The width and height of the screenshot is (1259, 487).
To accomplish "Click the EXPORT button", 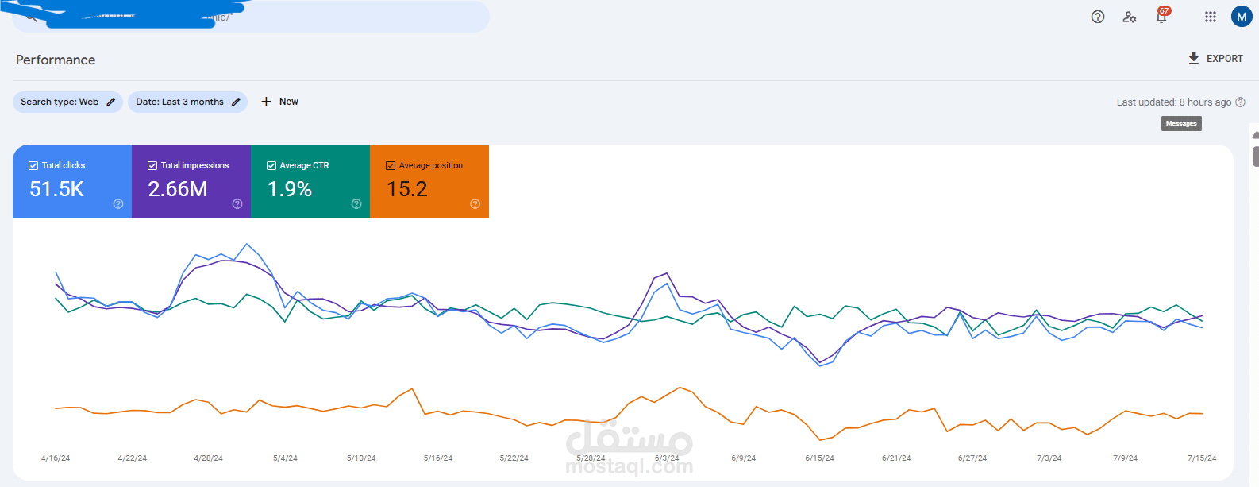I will point(1215,59).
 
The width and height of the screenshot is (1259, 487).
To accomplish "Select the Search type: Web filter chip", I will point(67,102).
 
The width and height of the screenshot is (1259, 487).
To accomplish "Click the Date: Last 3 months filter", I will point(187,102).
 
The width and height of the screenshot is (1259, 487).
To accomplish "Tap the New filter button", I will point(279,102).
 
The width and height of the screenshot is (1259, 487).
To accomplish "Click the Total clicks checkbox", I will point(33,165).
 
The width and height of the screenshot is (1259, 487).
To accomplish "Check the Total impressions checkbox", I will point(152,165).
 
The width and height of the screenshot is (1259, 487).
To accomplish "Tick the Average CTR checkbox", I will point(271,165).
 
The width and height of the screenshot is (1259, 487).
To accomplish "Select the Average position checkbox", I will point(391,165).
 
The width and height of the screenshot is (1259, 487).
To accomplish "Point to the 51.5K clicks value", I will point(56,189).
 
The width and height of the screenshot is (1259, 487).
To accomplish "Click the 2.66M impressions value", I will point(178,189).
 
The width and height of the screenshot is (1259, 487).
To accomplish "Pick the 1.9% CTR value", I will point(290,189).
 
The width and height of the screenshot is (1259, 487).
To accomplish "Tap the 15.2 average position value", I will point(407,189).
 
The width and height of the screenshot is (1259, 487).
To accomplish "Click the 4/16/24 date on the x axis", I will point(56,458).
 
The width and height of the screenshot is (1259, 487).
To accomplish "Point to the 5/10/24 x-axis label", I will point(361,458).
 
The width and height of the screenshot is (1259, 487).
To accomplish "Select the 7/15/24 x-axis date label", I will point(1202,458).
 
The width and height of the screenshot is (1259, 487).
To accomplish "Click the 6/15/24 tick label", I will point(819,458).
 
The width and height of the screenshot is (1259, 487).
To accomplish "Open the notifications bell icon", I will point(1161,17).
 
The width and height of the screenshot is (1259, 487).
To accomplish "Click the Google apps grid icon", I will point(1210,17).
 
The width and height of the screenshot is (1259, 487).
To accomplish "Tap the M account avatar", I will point(1242,17).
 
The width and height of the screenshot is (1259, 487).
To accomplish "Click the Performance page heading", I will point(56,60).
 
